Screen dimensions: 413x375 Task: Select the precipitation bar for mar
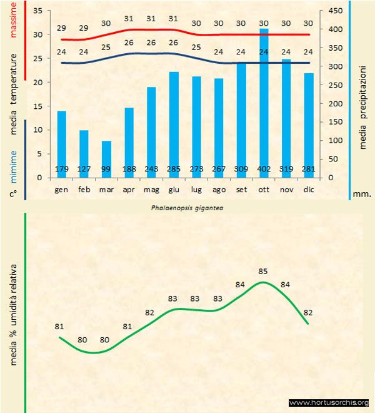pos(106,159)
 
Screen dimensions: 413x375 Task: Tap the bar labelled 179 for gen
pos(61,144)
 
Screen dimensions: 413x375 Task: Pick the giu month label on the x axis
pos(174,188)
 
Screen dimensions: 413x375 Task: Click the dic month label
pos(308,188)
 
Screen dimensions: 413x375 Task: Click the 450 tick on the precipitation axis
pos(336,11)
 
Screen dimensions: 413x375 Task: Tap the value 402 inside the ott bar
pos(264,170)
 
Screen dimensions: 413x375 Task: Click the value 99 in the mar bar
pos(106,170)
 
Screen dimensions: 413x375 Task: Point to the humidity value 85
pos(263,272)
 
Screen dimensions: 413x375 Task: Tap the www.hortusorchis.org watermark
pos(329,402)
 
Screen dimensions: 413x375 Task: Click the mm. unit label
pos(362,194)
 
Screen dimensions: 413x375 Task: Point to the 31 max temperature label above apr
pos(129,19)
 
